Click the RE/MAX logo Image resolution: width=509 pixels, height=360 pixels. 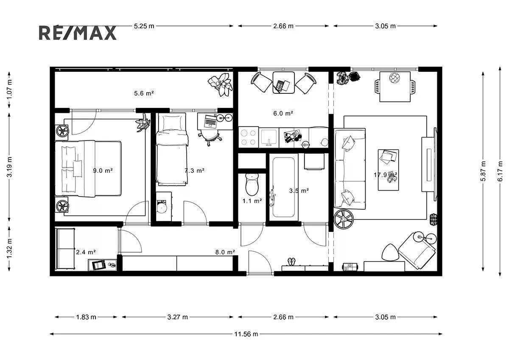tap(78, 33)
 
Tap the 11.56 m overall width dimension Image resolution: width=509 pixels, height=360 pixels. tap(246, 334)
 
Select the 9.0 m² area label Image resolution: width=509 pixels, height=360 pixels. tap(103, 171)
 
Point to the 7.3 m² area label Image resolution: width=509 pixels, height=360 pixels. tap(195, 171)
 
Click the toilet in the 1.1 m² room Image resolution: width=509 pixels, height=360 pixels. tap(252, 185)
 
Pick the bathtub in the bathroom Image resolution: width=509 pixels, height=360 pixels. tap(283, 187)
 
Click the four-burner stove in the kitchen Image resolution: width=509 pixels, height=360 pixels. tap(249, 138)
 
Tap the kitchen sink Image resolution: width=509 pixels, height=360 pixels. tap(269, 138)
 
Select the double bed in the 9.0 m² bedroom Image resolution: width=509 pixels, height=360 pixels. tap(88, 169)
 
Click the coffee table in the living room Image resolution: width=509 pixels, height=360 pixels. tap(389, 170)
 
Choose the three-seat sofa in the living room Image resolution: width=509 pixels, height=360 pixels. tap(350, 169)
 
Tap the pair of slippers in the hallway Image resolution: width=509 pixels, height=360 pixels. tap(291, 262)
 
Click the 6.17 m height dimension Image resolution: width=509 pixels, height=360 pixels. tap(500, 171)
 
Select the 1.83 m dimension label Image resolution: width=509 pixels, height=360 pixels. tap(86, 317)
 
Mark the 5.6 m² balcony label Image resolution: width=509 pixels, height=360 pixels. tap(144, 93)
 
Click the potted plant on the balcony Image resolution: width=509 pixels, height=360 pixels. tap(220, 84)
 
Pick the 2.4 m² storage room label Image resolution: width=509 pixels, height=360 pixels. tap(86, 252)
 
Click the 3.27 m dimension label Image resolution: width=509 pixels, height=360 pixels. tap(177, 317)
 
